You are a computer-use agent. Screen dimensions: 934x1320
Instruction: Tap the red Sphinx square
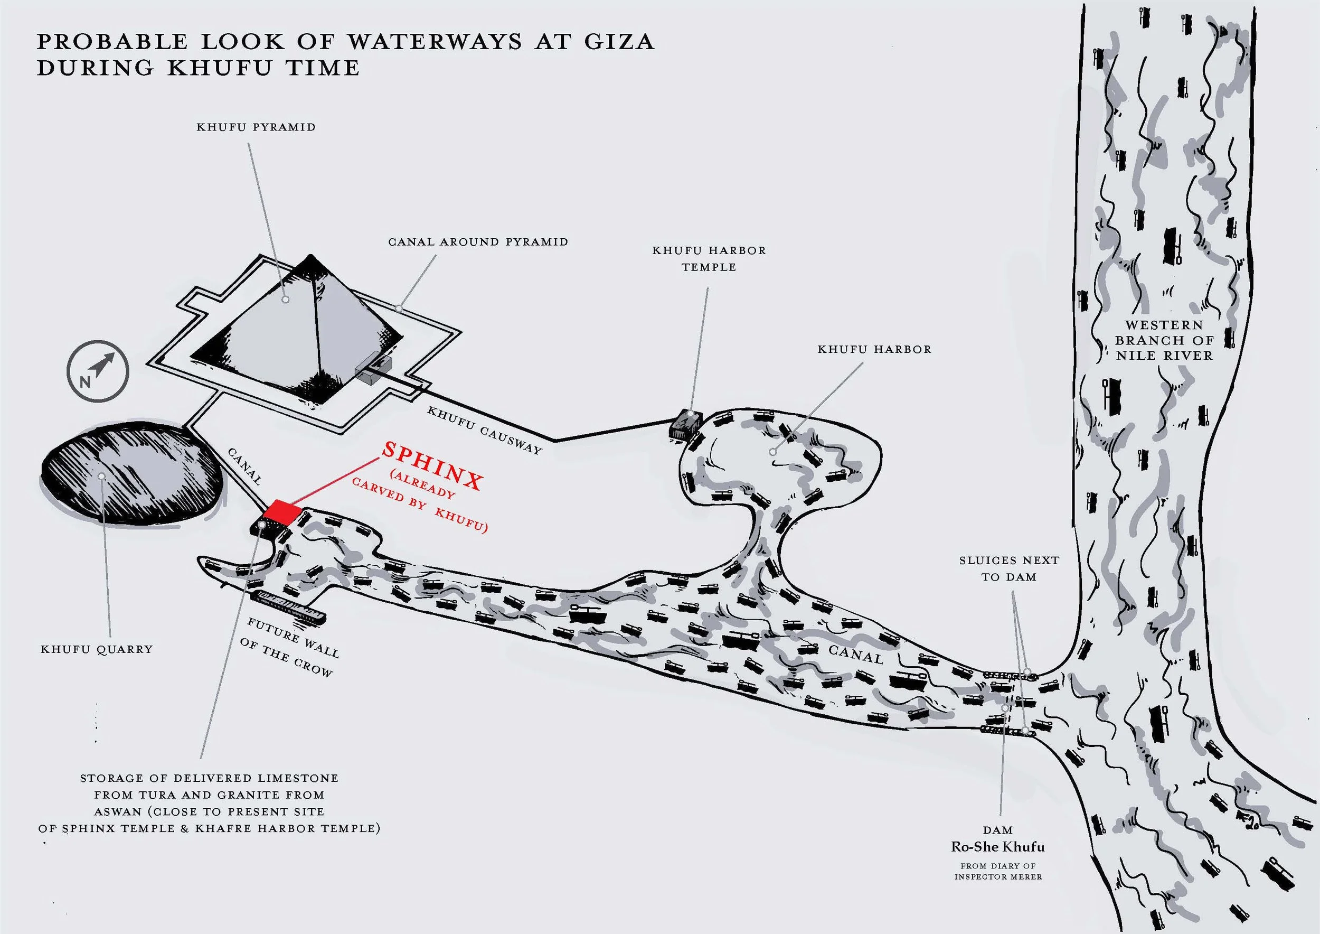tap(282, 512)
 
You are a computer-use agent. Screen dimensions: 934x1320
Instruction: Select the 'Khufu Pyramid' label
tap(256, 127)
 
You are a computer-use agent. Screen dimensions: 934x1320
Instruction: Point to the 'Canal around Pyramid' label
tap(478, 242)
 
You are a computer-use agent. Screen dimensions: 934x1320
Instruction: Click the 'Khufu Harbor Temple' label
tap(709, 259)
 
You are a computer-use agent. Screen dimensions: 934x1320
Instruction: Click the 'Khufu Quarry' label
tap(97, 649)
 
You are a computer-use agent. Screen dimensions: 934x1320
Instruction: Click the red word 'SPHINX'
tap(431, 466)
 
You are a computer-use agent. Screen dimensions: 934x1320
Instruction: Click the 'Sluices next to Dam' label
tap(1008, 568)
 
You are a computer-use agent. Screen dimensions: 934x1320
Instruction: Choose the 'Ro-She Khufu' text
tap(997, 847)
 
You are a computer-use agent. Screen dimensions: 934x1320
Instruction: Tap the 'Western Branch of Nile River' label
tap(1164, 340)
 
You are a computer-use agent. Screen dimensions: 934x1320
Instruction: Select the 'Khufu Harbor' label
tap(874, 349)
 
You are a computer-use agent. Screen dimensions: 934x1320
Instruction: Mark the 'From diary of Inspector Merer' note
tap(997, 871)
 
